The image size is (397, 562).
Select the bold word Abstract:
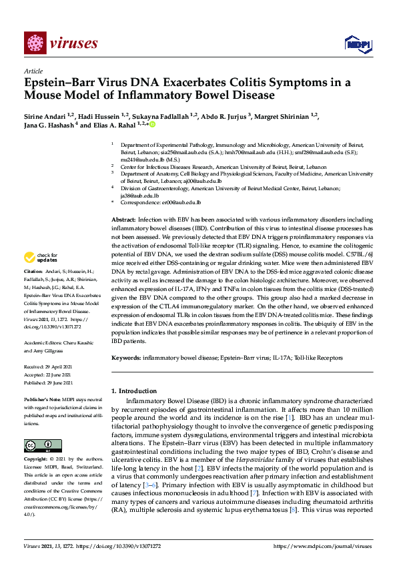[x=124, y=220]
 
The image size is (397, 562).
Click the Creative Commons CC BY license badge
[x=43, y=446]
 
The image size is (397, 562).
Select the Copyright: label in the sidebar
[x=36, y=460]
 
